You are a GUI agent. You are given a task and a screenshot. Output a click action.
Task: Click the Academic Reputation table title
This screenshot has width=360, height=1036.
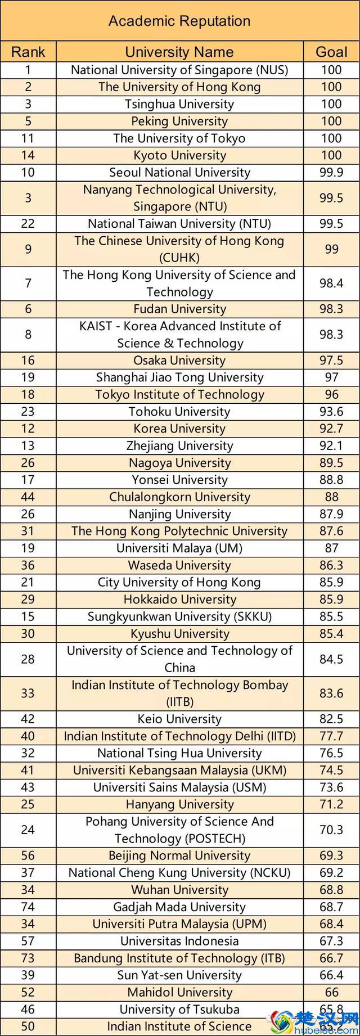point(179,21)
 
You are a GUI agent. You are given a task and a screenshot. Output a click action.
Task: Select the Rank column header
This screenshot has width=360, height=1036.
point(28,52)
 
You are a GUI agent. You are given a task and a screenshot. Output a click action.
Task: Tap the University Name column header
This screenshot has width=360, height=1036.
point(179,52)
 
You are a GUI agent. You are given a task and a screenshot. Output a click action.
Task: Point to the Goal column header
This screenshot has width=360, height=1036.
point(331,52)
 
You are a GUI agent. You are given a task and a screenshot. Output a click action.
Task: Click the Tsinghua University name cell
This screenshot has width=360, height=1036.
point(179,104)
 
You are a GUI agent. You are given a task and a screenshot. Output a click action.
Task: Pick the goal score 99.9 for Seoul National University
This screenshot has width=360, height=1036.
point(331,173)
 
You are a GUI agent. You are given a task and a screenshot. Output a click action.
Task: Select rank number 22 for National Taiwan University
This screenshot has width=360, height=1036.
point(28,224)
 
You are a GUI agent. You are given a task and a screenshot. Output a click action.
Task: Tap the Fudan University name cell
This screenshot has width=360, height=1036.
point(179,309)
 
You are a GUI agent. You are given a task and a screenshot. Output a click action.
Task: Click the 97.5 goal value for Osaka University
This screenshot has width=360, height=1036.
point(331,361)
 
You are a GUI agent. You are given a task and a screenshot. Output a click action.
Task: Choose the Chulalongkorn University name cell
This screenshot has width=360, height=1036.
point(179,497)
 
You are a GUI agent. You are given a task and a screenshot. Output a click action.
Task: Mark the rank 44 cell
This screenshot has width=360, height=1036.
point(28,497)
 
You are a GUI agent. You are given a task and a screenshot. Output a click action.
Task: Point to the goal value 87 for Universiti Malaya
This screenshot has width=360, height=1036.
point(331,548)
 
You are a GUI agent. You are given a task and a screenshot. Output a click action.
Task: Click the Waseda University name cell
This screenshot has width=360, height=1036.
point(179,565)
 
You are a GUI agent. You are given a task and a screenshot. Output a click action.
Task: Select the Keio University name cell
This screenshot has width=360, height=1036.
point(179,719)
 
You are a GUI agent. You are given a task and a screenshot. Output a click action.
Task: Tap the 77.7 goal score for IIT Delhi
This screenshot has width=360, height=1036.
point(331,736)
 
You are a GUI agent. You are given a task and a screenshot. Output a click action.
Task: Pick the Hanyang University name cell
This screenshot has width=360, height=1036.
point(179,805)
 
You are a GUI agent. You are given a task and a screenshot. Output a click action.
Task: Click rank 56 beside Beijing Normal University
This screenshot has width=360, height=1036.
point(28,856)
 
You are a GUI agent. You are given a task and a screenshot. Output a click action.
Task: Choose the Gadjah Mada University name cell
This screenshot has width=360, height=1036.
point(179,907)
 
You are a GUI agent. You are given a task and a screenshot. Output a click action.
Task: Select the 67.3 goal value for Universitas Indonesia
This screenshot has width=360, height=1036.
point(331,942)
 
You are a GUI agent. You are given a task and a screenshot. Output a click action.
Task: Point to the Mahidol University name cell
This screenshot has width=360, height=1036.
point(179,993)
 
